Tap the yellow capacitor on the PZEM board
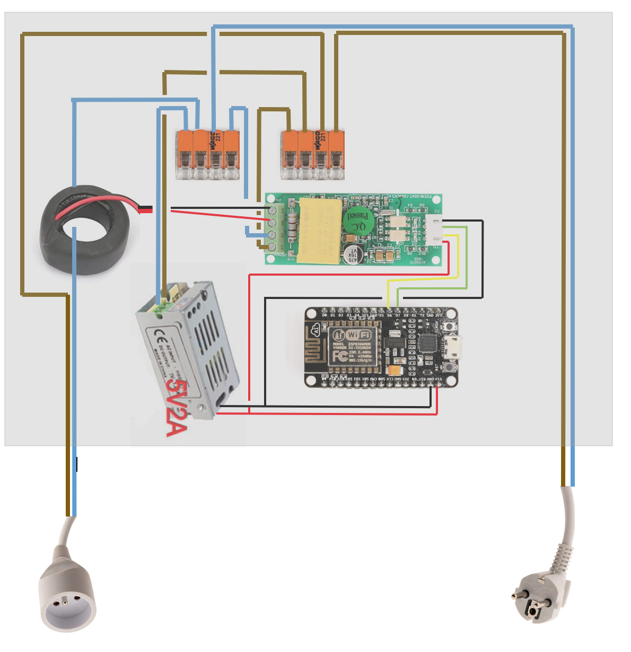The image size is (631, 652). coord(319,231)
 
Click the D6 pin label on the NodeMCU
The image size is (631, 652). coord(390,316)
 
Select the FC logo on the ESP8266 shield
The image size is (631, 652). coord(340,355)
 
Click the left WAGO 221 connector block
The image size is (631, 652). coord(208,154)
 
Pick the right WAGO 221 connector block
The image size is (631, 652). coord(313,154)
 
